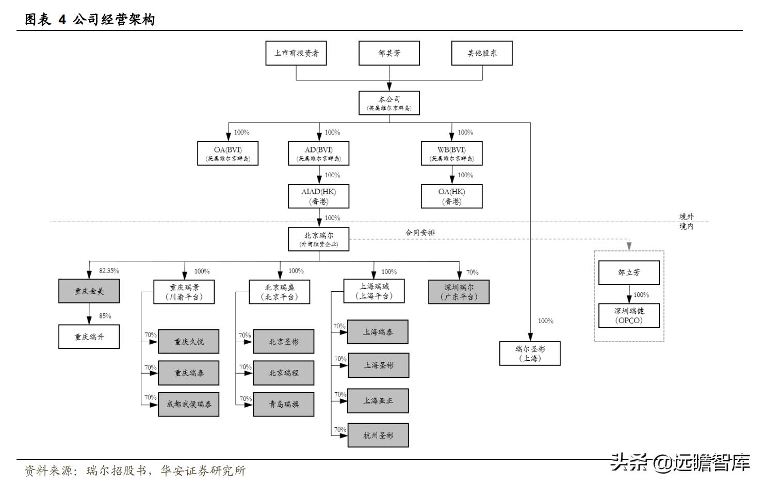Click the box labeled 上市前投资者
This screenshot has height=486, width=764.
296,53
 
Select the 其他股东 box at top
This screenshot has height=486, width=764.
482,53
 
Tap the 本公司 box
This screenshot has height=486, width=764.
389,103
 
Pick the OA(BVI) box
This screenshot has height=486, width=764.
227,154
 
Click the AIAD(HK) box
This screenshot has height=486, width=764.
318,196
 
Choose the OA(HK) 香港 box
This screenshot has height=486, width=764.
451,196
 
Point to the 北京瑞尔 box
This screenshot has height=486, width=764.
318,239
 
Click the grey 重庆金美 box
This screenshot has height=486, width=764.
89,291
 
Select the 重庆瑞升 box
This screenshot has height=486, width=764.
89,337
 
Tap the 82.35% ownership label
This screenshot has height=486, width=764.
109,271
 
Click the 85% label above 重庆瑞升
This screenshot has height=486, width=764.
105,316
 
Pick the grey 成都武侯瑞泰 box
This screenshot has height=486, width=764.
189,404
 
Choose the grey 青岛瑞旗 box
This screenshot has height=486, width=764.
283,404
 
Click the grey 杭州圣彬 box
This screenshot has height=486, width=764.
378,435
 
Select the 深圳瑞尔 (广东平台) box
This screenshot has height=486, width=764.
459,292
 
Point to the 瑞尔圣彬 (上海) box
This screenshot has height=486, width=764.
530,354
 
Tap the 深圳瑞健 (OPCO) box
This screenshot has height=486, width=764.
629,315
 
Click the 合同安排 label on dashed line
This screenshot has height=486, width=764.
420,232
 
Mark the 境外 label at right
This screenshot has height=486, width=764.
686,217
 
